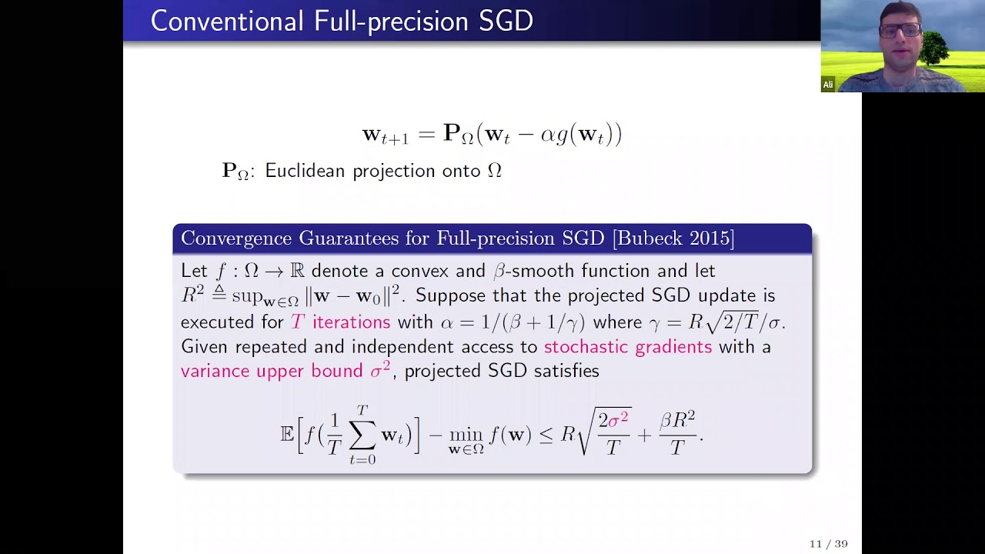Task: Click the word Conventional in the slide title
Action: pos(227,21)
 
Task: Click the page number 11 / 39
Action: pos(828,544)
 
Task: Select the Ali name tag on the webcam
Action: pos(828,85)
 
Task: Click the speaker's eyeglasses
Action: pos(899,31)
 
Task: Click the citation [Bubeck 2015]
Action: pos(673,239)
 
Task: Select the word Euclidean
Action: pos(305,171)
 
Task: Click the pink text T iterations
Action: pos(340,322)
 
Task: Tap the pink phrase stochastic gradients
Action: pos(628,346)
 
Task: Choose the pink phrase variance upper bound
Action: pos(271,371)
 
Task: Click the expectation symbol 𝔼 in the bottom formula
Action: pos(287,434)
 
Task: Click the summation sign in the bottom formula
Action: pos(362,436)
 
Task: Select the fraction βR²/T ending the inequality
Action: pos(677,432)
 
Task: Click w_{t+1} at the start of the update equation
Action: pos(385,135)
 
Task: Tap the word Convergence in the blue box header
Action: pos(235,239)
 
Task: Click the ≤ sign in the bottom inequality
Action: pos(546,435)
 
